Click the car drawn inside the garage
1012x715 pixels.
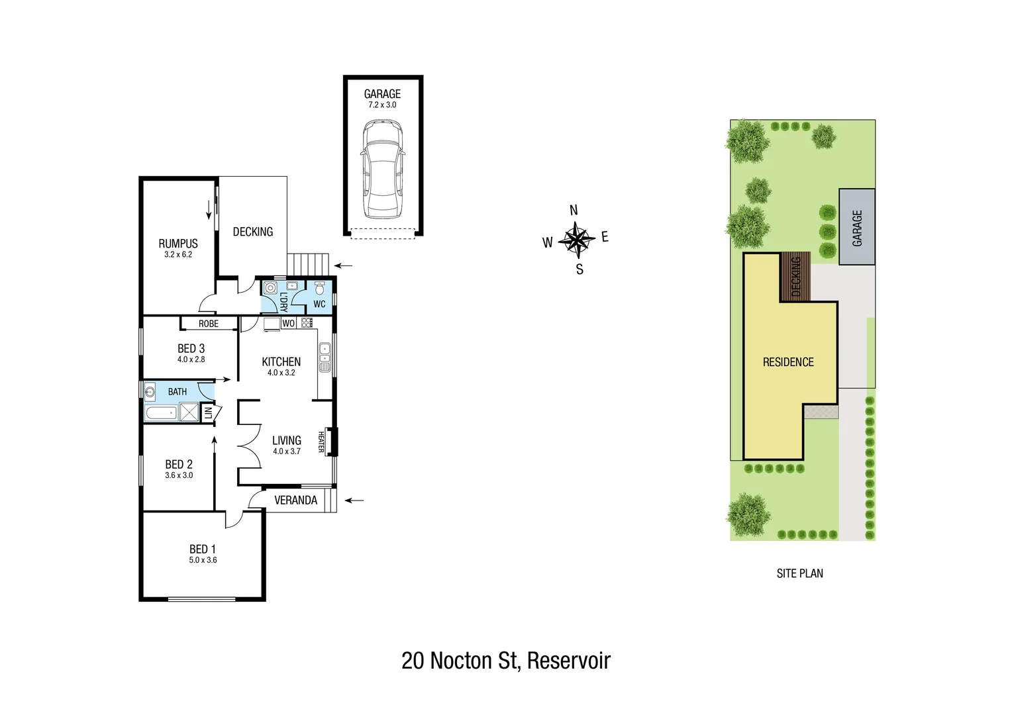[x=383, y=169]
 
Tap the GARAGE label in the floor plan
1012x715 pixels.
[x=382, y=94]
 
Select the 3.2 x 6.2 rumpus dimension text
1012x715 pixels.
[x=178, y=255]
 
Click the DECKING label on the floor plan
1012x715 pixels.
[x=252, y=232]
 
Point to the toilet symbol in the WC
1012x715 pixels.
[x=320, y=288]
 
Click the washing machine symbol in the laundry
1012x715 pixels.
[x=270, y=288]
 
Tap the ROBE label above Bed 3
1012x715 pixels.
[x=209, y=324]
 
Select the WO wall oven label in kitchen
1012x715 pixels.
[x=289, y=324]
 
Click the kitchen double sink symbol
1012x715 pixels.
[x=325, y=358]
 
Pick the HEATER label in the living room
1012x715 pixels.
[x=321, y=442]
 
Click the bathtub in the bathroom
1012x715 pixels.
[x=161, y=414]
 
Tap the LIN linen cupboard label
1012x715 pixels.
[x=208, y=413]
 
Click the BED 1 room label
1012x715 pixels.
[x=203, y=549]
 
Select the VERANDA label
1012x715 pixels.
[x=295, y=501]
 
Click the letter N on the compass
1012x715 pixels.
[x=574, y=211]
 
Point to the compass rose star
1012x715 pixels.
[x=577, y=240]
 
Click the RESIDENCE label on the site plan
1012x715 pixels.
[x=788, y=362]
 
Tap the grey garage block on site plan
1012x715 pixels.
[x=857, y=227]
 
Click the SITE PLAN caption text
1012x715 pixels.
[x=799, y=573]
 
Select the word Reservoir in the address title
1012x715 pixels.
[x=569, y=661]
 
